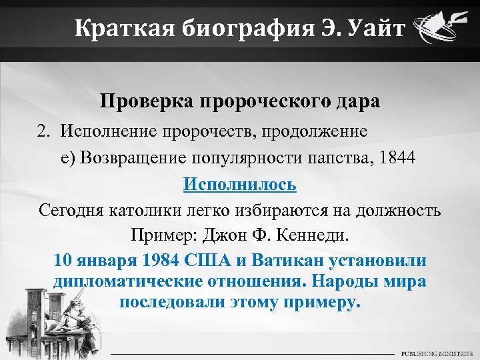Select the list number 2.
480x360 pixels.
tap(43, 131)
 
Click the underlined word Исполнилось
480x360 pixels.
tap(240, 184)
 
